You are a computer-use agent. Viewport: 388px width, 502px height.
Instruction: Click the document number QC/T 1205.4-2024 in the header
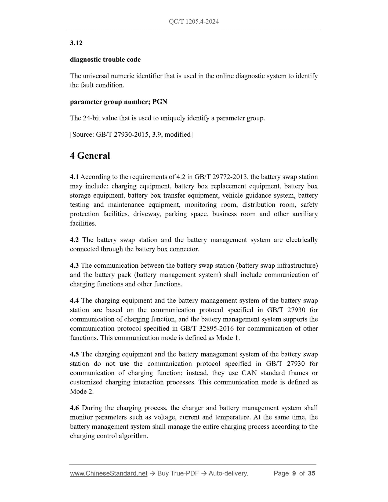[x=194, y=22]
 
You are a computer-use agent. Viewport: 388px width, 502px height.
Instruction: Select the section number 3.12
[x=76, y=43]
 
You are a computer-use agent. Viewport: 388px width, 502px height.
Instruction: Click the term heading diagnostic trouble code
[x=105, y=59]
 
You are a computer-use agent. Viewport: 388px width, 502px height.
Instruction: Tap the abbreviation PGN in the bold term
[x=160, y=102]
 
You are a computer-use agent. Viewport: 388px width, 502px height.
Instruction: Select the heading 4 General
[x=90, y=156]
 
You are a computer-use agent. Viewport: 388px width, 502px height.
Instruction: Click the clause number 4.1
[x=74, y=177]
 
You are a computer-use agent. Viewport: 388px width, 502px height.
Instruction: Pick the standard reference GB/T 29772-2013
[x=227, y=177]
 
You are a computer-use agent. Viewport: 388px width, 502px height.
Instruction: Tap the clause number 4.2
[x=74, y=240]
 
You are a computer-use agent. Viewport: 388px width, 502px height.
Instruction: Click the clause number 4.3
[x=74, y=265]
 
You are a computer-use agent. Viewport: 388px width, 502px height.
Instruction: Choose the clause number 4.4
[x=74, y=301]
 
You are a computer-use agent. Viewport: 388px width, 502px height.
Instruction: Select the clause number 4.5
[x=74, y=354]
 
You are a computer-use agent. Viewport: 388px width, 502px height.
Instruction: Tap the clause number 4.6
[x=74, y=408]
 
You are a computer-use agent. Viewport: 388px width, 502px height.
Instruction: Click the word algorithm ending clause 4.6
[x=134, y=436]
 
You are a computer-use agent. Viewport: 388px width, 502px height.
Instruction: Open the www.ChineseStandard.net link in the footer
[x=109, y=473]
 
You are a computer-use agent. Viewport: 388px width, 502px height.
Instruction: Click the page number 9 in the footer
[x=294, y=473]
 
